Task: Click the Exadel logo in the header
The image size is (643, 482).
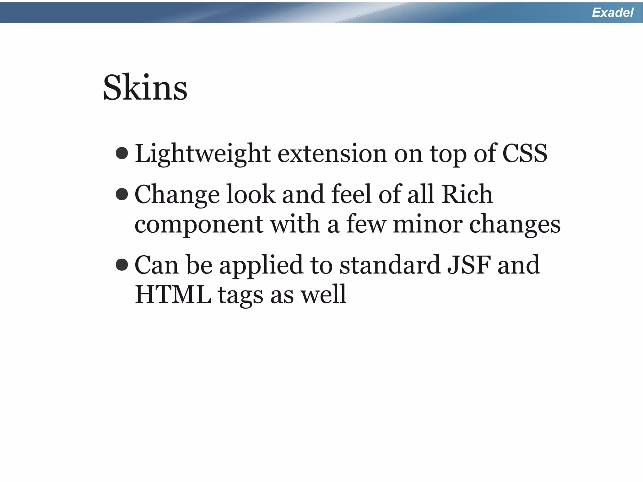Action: [x=612, y=13]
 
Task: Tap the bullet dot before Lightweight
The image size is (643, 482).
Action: [x=122, y=153]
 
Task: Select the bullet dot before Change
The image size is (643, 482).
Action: [x=122, y=194]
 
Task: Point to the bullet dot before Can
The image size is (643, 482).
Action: [x=122, y=265]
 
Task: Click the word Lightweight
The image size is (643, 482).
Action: [x=203, y=154]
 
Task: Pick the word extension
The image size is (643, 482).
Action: [x=332, y=154]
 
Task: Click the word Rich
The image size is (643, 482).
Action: [x=467, y=194]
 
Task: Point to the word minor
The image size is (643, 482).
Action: [x=428, y=224]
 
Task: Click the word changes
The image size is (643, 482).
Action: [x=515, y=225]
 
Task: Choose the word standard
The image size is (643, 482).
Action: [x=390, y=265]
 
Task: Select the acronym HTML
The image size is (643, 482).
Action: [x=173, y=294]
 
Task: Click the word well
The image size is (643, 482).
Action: [x=323, y=294]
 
